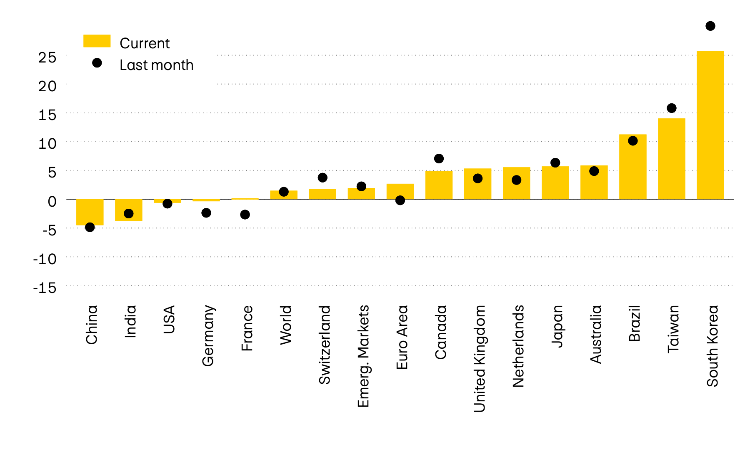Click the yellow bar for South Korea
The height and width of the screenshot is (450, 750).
pos(710,125)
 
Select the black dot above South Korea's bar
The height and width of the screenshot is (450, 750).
pos(710,26)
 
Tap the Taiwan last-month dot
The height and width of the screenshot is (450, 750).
pos(672,108)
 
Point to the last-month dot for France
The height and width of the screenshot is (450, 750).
pos(245,215)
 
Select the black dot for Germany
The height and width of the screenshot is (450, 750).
pos(206,213)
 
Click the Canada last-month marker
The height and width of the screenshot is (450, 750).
pos(439,159)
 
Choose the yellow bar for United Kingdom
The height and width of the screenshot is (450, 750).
pos(477,187)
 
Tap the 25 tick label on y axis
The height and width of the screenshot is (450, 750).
pos(47,57)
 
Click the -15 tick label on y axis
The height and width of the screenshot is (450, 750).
pos(45,288)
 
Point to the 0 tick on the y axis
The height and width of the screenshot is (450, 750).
pos(52,202)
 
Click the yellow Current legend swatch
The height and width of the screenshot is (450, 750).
pos(97,41)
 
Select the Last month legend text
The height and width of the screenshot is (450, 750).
pos(156,65)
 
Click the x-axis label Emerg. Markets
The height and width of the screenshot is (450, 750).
pos(363,356)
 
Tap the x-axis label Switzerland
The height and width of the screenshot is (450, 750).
pos(324,345)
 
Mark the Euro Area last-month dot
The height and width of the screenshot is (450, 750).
pos(400,200)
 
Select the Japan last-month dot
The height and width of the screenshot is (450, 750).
pos(555,163)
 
